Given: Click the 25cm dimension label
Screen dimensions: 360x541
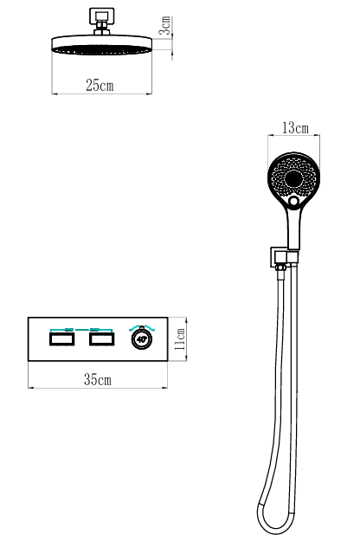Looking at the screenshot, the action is tap(100, 85).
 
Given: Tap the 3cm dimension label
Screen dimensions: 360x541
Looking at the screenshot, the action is tap(165, 25).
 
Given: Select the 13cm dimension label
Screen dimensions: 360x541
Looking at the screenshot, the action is tap(295, 127).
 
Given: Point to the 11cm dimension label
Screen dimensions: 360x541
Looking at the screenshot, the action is tap(180, 338).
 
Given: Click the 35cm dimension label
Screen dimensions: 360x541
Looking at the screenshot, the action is tap(98, 379).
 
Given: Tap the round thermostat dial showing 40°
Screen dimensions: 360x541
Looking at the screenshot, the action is tap(142, 338).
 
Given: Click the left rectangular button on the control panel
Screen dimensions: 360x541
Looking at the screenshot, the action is tap(62, 338).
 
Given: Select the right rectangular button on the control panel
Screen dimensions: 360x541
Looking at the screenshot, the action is tap(102, 338).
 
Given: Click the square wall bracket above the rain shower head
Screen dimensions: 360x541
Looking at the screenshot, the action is tap(102, 16).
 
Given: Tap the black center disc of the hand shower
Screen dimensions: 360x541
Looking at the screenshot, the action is tap(293, 178).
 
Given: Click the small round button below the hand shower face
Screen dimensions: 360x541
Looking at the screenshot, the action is tap(293, 201).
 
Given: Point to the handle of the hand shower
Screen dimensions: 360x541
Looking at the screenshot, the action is tap(293, 229).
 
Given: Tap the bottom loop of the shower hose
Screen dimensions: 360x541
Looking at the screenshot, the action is tap(276, 528).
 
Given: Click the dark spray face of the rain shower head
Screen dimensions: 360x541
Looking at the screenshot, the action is tap(102, 49).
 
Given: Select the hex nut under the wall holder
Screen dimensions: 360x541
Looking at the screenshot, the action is tap(280, 267).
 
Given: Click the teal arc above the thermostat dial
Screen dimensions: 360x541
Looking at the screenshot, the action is tap(142, 327).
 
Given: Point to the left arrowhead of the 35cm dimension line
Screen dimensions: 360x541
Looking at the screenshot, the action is tap(30, 388).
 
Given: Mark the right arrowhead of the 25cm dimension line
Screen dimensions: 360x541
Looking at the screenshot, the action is tap(150, 93).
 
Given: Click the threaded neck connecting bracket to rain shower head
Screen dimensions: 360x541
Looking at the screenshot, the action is tap(102, 29).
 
